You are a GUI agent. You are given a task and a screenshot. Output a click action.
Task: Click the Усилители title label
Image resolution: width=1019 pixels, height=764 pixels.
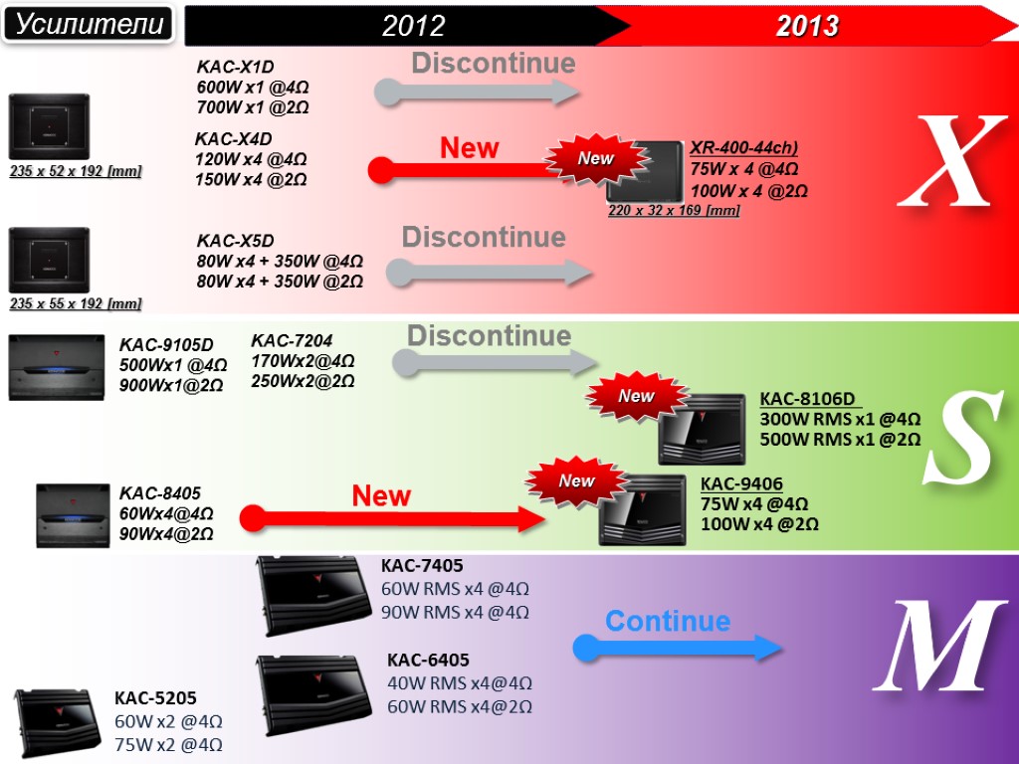click(90, 24)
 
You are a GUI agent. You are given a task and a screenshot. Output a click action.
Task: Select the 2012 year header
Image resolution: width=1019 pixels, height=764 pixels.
click(413, 26)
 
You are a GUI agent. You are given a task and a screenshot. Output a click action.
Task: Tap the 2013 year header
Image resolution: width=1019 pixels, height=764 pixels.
click(807, 26)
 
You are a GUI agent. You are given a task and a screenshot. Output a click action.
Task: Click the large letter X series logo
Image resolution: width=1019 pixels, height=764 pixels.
click(951, 161)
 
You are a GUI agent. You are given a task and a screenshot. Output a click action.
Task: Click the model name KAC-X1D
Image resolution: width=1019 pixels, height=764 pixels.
click(235, 68)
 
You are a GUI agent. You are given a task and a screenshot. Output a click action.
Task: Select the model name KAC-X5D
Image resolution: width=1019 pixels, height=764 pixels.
click(235, 241)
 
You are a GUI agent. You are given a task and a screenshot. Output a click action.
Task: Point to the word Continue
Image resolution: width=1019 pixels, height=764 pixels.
click(668, 622)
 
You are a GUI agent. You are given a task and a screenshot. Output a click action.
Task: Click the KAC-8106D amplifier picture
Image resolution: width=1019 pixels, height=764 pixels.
click(702, 429)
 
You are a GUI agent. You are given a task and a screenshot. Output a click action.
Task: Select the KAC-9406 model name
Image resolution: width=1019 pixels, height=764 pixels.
click(741, 484)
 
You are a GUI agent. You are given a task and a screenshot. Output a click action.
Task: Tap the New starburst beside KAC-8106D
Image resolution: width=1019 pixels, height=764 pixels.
click(637, 396)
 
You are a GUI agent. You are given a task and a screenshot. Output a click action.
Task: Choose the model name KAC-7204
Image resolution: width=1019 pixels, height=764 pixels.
click(292, 339)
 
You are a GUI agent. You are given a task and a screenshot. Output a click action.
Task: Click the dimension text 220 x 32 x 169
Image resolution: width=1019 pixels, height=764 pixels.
click(674, 211)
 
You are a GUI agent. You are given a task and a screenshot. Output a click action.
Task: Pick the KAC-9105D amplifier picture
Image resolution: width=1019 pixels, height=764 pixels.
click(57, 367)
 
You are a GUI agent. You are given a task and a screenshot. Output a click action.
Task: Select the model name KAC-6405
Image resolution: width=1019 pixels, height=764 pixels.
click(428, 660)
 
